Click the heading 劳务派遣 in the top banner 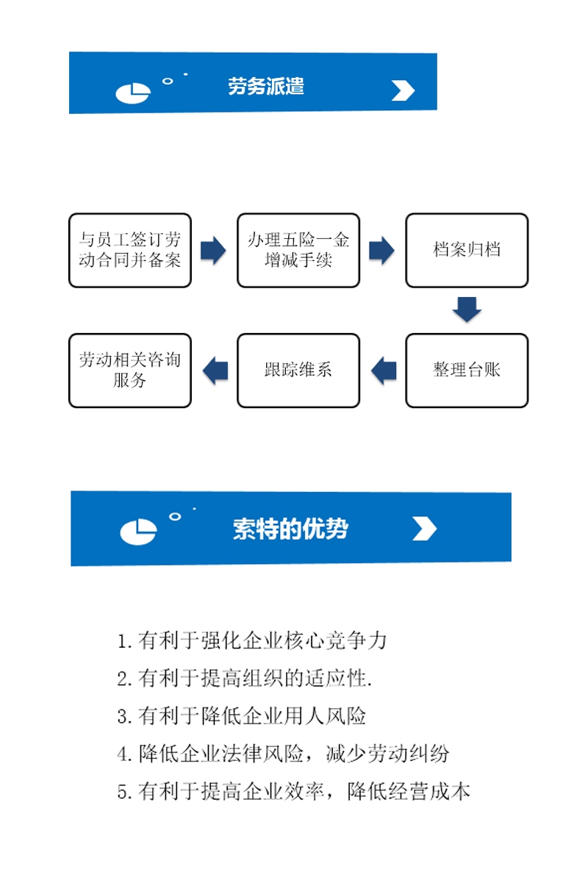(x=266, y=87)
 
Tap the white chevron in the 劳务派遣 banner (x=403, y=90)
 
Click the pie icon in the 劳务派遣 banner (x=133, y=93)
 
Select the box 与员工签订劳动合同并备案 (x=130, y=250)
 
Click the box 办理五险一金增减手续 (x=298, y=250)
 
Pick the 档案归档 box (x=467, y=250)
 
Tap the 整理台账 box (x=467, y=371)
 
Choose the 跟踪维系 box (x=298, y=371)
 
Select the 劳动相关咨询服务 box (x=130, y=371)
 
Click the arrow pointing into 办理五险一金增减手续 (x=214, y=250)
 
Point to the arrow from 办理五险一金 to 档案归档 (x=382, y=250)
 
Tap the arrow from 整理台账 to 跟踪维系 (x=383, y=371)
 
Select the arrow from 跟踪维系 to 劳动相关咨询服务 (x=215, y=371)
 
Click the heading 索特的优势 (x=290, y=529)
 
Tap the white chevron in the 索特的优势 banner (x=425, y=529)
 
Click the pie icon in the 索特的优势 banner (x=138, y=532)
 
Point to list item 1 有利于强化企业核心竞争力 (x=251, y=640)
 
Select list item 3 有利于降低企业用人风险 (x=241, y=716)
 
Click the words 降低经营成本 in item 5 (x=409, y=791)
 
